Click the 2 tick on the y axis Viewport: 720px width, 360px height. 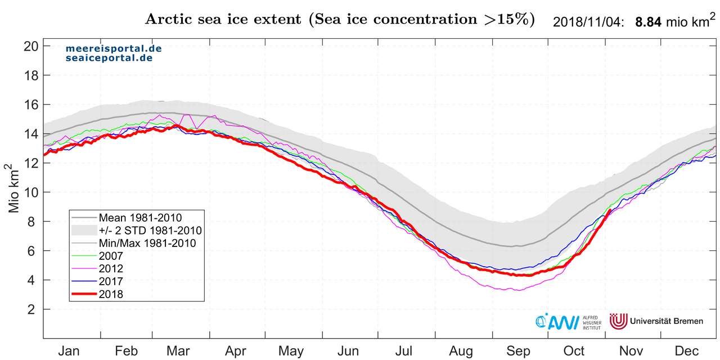34,309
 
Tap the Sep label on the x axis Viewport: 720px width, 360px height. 518,351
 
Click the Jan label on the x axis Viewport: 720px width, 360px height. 69,351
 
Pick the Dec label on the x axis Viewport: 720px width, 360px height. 687,351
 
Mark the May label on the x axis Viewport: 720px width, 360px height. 291,351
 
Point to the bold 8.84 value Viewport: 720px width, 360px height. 648,22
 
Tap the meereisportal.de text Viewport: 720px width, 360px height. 106,49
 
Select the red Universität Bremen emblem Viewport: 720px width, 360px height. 619,321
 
